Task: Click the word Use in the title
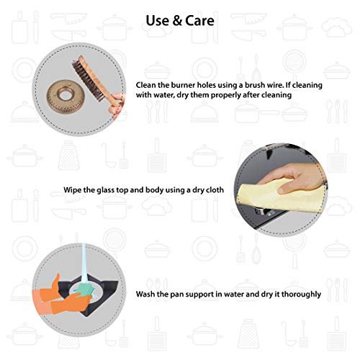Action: click(x=157, y=20)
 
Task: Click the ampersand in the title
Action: click(x=177, y=20)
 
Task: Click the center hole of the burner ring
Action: click(x=65, y=94)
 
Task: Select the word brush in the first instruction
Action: click(x=253, y=85)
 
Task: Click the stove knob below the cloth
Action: click(x=261, y=211)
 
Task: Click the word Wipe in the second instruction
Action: click(x=72, y=190)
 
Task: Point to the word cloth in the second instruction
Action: click(x=214, y=190)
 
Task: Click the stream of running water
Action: click(x=84, y=264)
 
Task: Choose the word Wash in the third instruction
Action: click(x=145, y=294)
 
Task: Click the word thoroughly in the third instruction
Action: click(x=301, y=294)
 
